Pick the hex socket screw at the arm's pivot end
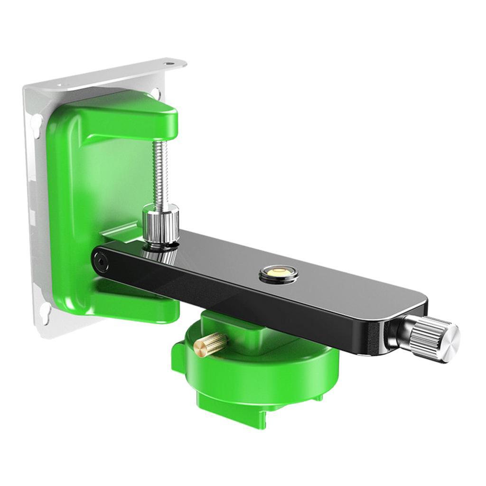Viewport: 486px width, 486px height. [x=100, y=260]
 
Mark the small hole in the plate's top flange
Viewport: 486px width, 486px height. [x=169, y=63]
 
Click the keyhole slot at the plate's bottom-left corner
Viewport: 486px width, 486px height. [x=44, y=311]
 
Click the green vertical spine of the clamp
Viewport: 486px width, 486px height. [x=71, y=204]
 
